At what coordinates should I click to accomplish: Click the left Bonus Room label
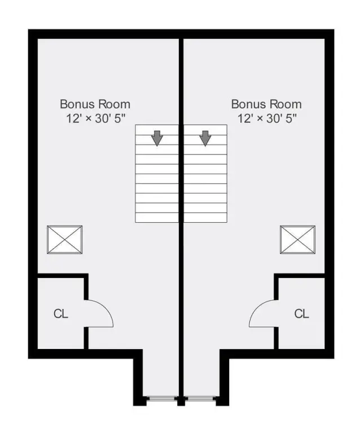95,104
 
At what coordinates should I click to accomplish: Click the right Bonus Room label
266,104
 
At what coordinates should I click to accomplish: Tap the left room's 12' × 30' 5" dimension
96,118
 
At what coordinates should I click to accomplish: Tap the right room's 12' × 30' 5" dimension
267,118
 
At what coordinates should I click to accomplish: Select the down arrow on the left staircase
157,138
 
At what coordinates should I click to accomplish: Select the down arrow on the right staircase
205,138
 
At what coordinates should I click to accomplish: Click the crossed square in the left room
65,240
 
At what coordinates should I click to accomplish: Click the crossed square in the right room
297,240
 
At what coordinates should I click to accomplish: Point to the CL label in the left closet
61,313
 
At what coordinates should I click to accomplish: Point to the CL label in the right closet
301,313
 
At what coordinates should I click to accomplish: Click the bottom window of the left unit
162,398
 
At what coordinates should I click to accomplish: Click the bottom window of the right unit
200,398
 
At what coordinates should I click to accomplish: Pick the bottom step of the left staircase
157,218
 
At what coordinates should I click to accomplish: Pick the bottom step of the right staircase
205,218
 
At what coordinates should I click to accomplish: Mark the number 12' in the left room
73,118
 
